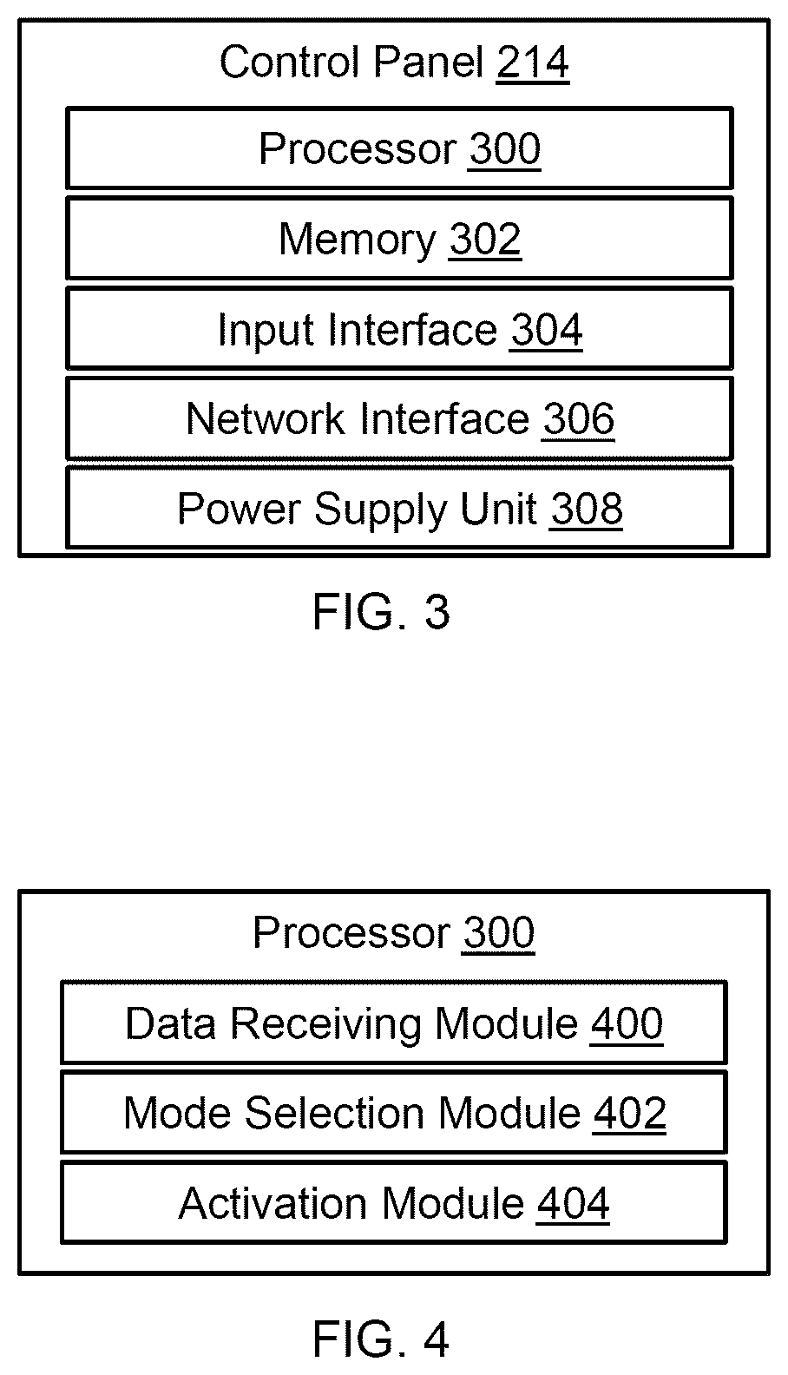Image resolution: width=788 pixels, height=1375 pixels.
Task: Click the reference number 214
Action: point(533,62)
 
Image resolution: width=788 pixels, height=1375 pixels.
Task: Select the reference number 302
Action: point(485,239)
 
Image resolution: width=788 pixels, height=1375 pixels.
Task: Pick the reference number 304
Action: point(546,330)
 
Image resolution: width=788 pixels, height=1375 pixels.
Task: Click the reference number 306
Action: point(578,418)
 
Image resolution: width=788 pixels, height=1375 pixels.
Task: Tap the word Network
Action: point(265,418)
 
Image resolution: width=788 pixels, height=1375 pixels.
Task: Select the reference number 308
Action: point(586,509)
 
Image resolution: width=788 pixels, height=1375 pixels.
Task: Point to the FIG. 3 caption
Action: point(381,612)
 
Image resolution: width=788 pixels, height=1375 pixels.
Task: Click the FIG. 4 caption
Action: point(381,1339)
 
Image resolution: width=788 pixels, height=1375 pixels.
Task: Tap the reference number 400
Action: point(627,1023)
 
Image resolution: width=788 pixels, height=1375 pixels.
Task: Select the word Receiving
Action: point(326,1025)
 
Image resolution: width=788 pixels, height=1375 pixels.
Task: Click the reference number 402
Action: point(630,1113)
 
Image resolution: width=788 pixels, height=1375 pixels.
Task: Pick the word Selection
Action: point(335,1113)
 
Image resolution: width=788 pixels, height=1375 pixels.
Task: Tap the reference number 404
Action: point(573,1203)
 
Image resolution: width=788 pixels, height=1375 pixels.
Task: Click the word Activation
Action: point(273,1203)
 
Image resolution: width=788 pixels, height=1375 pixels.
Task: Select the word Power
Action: point(240,509)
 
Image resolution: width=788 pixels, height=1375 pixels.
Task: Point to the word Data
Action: point(171,1023)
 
